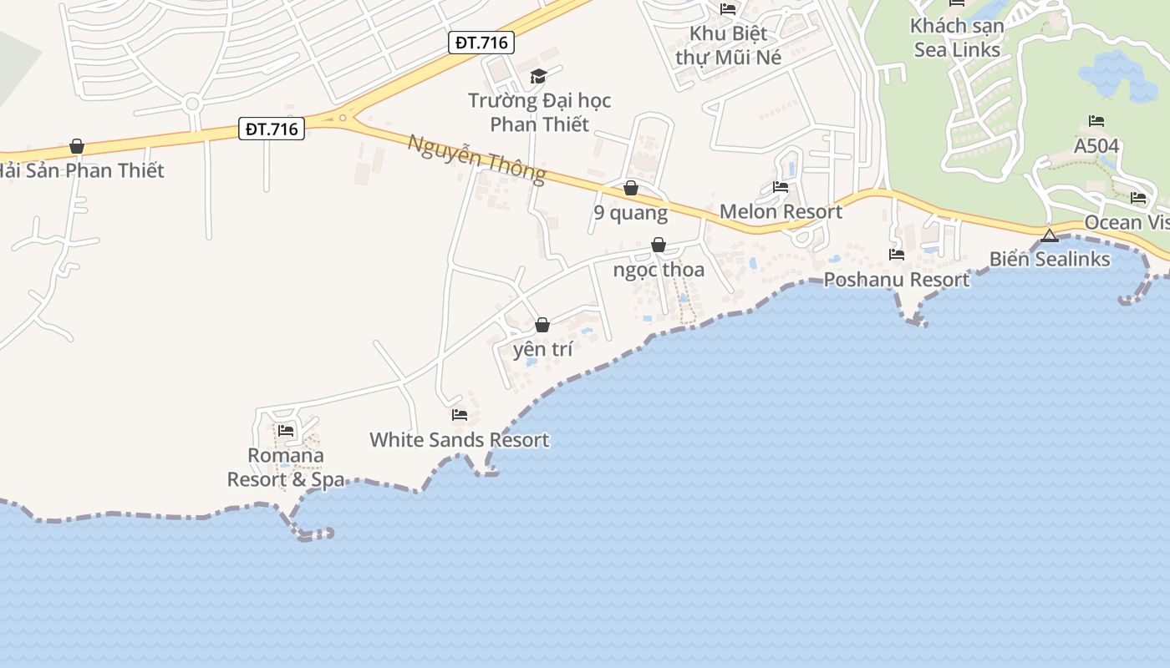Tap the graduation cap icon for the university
click(538, 77)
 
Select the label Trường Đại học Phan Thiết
click(539, 113)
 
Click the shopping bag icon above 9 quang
click(631, 188)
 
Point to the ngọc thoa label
click(659, 270)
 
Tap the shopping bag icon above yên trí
click(542, 325)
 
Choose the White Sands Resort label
click(460, 440)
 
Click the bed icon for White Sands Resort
click(459, 414)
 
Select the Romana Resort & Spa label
click(286, 468)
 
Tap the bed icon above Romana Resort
click(286, 431)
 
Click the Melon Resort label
click(781, 211)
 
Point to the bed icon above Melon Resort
click(781, 187)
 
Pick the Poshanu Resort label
click(897, 280)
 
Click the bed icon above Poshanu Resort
click(897, 254)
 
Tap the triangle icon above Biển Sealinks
click(1050, 235)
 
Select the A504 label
click(1096, 146)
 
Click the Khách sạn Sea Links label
click(957, 38)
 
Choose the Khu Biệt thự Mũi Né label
click(728, 46)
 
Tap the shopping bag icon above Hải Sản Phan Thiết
click(77, 147)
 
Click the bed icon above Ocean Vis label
click(1138, 198)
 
